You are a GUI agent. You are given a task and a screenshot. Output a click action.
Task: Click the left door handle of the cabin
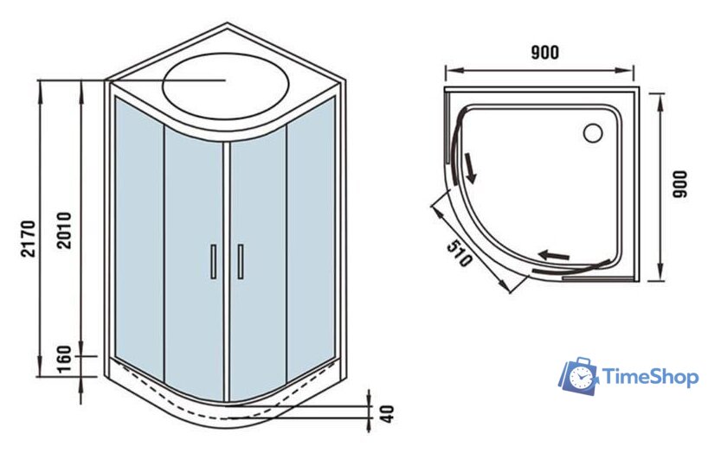point(213,261)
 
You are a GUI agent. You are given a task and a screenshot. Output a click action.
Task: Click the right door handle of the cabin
point(240,261)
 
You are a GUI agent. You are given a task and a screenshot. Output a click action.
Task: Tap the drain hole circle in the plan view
point(594,133)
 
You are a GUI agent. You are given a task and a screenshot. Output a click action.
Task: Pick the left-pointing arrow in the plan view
point(555,255)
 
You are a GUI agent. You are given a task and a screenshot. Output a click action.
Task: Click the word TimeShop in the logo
point(649,377)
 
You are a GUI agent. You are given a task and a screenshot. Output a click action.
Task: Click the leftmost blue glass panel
point(138,233)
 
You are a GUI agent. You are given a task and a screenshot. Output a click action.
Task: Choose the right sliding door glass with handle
point(257,259)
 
